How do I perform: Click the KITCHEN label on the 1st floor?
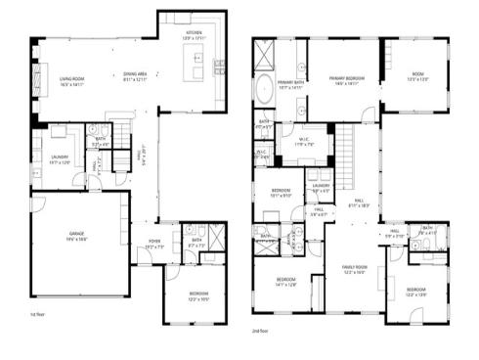[x=196, y=34]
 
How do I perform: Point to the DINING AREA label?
[x=135, y=78]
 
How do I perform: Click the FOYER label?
[x=155, y=245]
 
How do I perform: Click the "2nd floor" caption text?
[x=261, y=333]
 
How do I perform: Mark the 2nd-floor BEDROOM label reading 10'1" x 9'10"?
[x=282, y=193]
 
